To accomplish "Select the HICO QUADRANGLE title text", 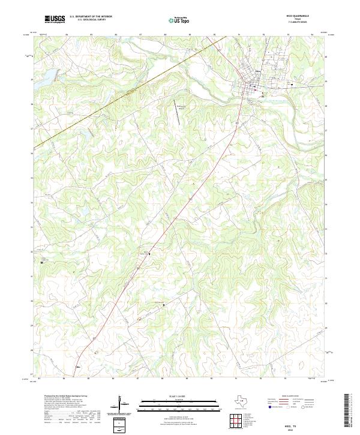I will point(298,16).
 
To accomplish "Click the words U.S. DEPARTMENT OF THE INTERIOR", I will point(91,16).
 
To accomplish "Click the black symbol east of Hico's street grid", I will point(292,85).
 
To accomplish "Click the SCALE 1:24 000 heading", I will point(179,396).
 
